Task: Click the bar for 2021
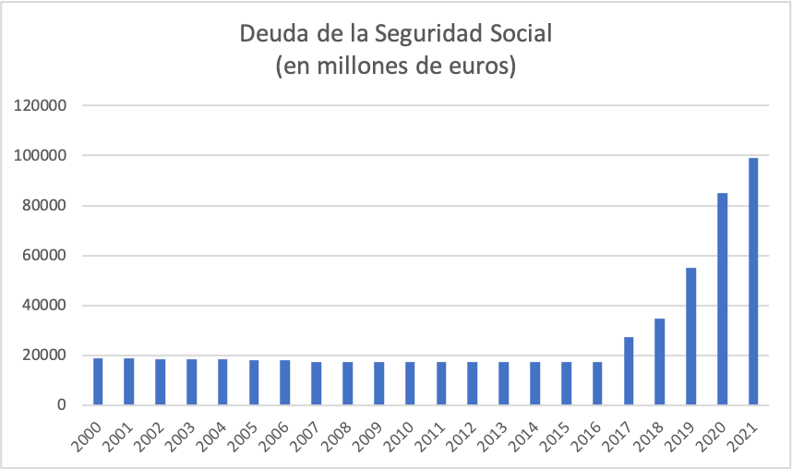[x=753, y=282]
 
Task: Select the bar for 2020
[x=722, y=299]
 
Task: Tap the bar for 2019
[x=690, y=336]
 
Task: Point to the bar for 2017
[x=629, y=371]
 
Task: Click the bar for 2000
[x=98, y=381]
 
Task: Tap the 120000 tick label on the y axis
[x=40, y=105]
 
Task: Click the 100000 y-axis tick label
[x=40, y=155]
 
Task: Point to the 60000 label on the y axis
[x=43, y=256]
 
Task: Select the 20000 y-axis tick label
[x=43, y=355]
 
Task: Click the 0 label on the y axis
[x=60, y=405]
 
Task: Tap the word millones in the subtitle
[x=354, y=66]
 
